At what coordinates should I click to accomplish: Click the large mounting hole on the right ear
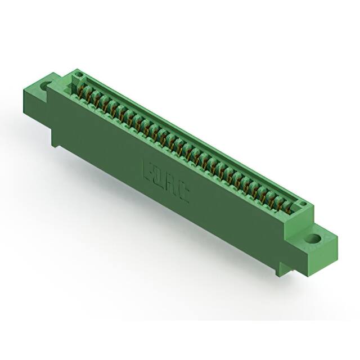[x=316, y=238]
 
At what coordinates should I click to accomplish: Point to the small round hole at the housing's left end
[x=79, y=74]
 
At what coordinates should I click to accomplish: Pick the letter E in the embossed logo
[x=149, y=169]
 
